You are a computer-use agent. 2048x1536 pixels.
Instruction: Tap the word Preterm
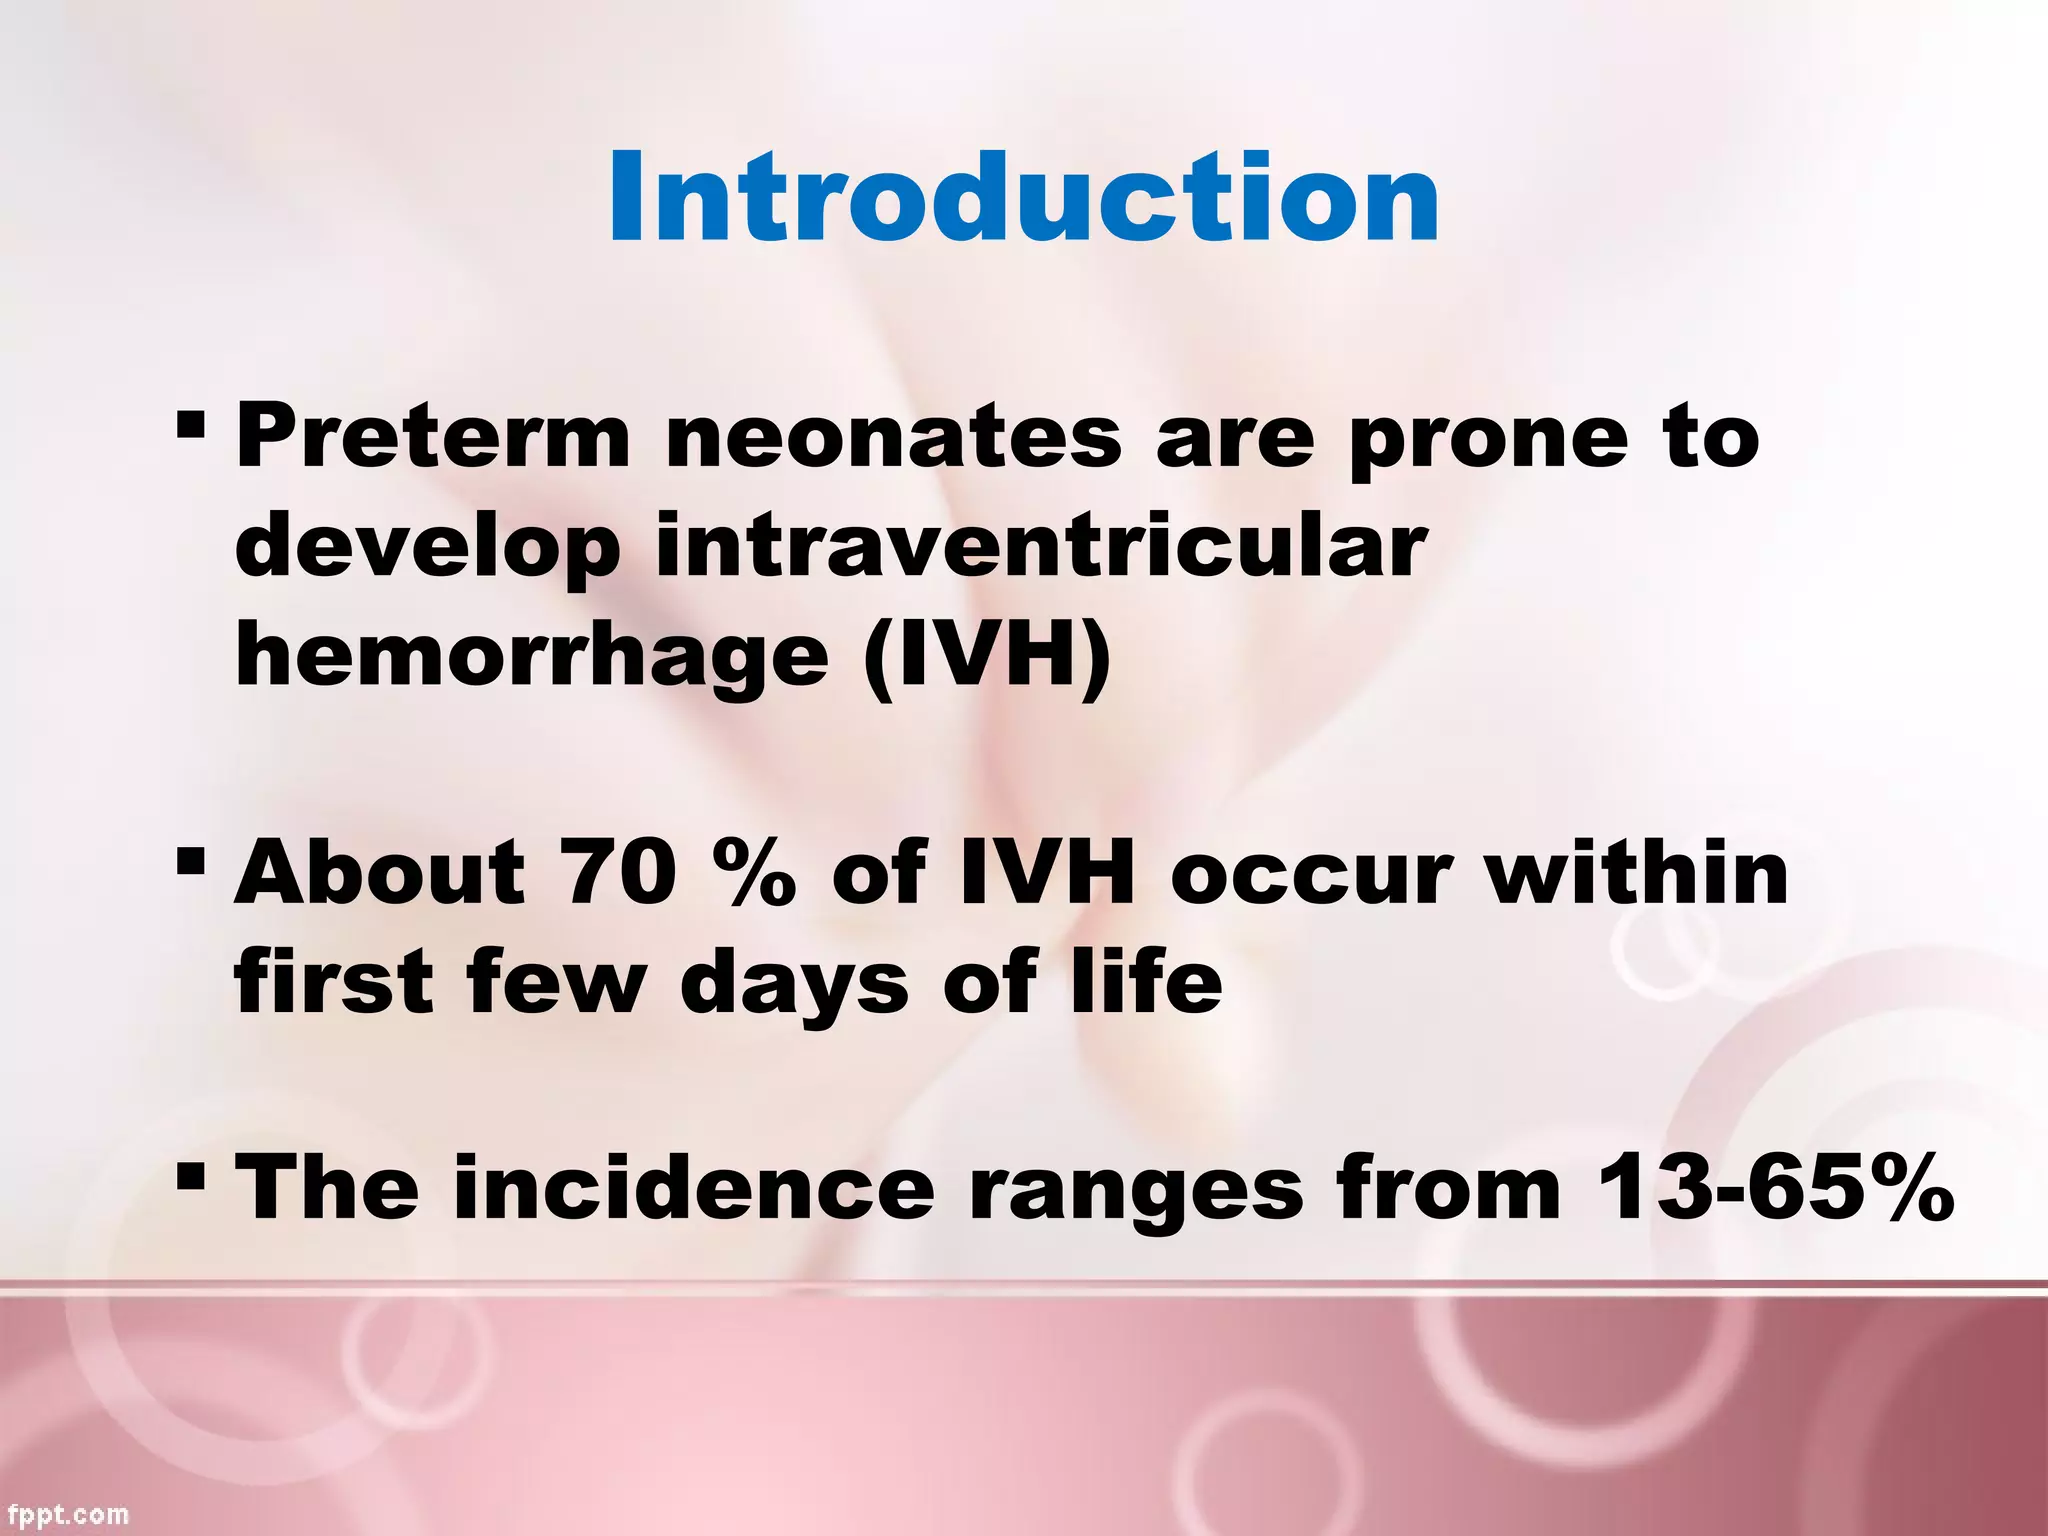click(432, 436)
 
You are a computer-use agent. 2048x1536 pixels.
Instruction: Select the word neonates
click(893, 438)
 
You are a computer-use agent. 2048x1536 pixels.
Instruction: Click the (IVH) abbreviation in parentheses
click(987, 655)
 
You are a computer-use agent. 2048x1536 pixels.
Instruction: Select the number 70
click(616, 872)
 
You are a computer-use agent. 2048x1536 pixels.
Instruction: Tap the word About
click(379, 872)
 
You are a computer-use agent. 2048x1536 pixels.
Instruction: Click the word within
click(1634, 872)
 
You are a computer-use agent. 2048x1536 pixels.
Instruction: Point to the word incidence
click(693, 1188)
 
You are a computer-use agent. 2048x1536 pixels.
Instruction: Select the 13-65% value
click(1774, 1188)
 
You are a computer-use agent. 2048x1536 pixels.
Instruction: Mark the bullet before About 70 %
click(189, 861)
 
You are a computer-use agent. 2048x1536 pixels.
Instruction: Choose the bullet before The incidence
click(189, 1176)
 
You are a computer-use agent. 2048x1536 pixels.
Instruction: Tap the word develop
click(427, 548)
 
